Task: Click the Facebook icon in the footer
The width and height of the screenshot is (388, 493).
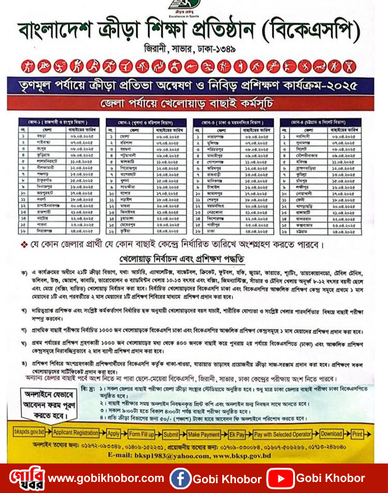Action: (180, 478)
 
